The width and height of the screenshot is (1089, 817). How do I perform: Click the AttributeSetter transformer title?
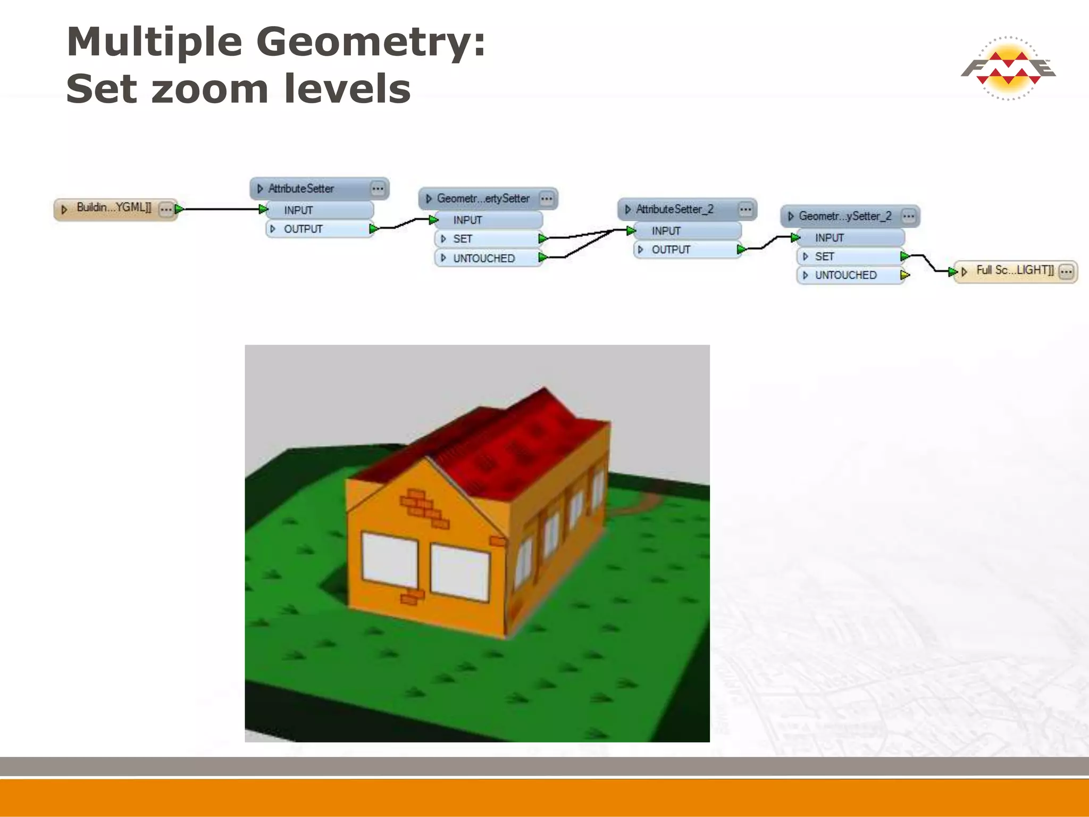(301, 189)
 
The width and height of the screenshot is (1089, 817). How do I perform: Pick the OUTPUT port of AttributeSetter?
(303, 229)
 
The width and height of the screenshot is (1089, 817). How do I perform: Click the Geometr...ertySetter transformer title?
(483, 199)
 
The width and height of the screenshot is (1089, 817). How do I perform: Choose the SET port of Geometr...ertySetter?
(463, 239)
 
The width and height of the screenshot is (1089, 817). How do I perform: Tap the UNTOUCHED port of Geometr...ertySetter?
(484, 259)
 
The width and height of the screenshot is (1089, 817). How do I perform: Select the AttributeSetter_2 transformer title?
(675, 210)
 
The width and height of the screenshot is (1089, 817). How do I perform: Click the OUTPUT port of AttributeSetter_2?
(671, 250)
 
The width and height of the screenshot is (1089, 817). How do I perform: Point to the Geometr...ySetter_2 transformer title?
(845, 216)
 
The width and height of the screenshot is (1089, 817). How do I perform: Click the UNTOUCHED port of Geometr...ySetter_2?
(845, 276)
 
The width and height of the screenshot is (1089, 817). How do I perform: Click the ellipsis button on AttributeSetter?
(378, 189)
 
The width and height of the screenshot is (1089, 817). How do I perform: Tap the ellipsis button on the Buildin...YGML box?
(166, 210)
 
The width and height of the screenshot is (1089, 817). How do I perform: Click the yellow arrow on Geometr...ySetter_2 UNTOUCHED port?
(904, 276)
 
